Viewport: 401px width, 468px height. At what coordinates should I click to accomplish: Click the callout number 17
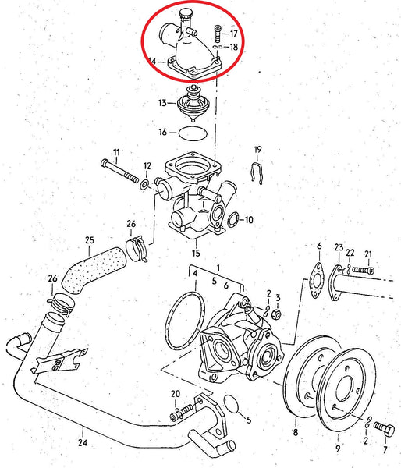pyautogui.click(x=233, y=34)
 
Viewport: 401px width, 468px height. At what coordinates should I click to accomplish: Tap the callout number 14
pyautogui.click(x=151, y=60)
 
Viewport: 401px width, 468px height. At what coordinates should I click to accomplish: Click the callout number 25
pyautogui.click(x=90, y=239)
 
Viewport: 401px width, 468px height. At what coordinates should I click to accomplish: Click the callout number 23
pyautogui.click(x=338, y=248)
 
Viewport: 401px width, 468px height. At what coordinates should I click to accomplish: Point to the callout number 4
pyautogui.click(x=195, y=274)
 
